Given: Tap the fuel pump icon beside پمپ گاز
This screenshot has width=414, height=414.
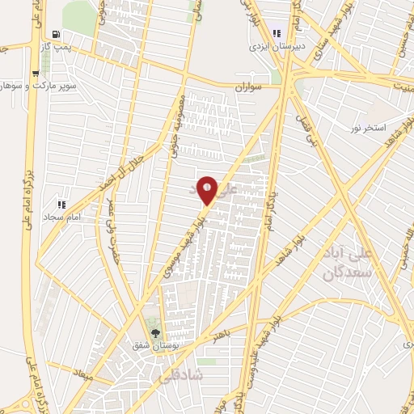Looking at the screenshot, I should point(55,34).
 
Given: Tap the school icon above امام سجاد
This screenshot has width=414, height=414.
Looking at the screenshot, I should point(61,204).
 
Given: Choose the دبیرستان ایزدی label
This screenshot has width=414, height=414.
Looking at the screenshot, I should point(278,46).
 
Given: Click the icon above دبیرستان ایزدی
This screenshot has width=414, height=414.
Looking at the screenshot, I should point(277,33).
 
